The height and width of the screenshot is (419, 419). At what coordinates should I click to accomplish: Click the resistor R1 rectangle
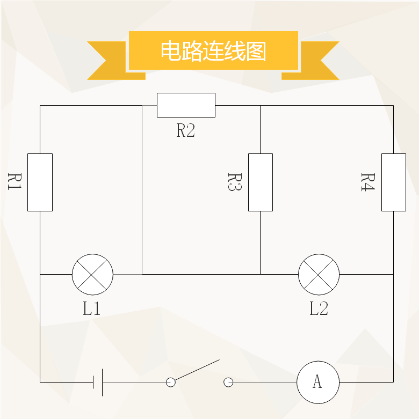(x=40, y=182)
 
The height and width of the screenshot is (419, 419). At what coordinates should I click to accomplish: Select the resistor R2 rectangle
(x=186, y=105)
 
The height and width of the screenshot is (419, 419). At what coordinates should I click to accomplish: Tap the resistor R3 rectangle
(x=261, y=182)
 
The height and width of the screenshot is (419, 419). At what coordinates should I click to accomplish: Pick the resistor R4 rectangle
(x=394, y=182)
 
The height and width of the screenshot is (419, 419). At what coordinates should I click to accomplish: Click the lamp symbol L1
(x=92, y=275)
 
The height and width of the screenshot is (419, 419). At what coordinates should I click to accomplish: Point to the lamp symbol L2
(x=319, y=275)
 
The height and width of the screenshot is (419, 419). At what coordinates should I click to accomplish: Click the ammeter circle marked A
(x=318, y=382)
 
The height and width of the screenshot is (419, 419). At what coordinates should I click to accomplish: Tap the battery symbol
(x=98, y=382)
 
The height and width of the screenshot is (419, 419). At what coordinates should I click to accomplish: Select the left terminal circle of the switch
(x=171, y=383)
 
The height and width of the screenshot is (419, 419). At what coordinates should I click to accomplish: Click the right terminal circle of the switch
(x=228, y=383)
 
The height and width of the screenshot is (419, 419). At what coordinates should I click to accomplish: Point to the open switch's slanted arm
(x=197, y=370)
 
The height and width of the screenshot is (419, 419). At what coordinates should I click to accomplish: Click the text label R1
(x=15, y=181)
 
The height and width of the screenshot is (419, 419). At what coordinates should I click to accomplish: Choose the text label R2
(x=186, y=130)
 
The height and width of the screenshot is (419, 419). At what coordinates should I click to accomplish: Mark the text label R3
(x=235, y=182)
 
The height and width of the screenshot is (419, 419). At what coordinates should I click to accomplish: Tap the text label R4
(x=368, y=182)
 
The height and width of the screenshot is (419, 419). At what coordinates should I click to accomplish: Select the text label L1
(x=91, y=308)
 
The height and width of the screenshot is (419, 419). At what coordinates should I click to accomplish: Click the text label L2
(x=319, y=308)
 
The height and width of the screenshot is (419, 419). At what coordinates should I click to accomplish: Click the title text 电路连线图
(x=213, y=51)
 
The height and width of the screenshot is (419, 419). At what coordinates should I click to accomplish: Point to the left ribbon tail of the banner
(x=116, y=61)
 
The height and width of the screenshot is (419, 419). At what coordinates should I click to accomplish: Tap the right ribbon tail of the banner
(x=310, y=61)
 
